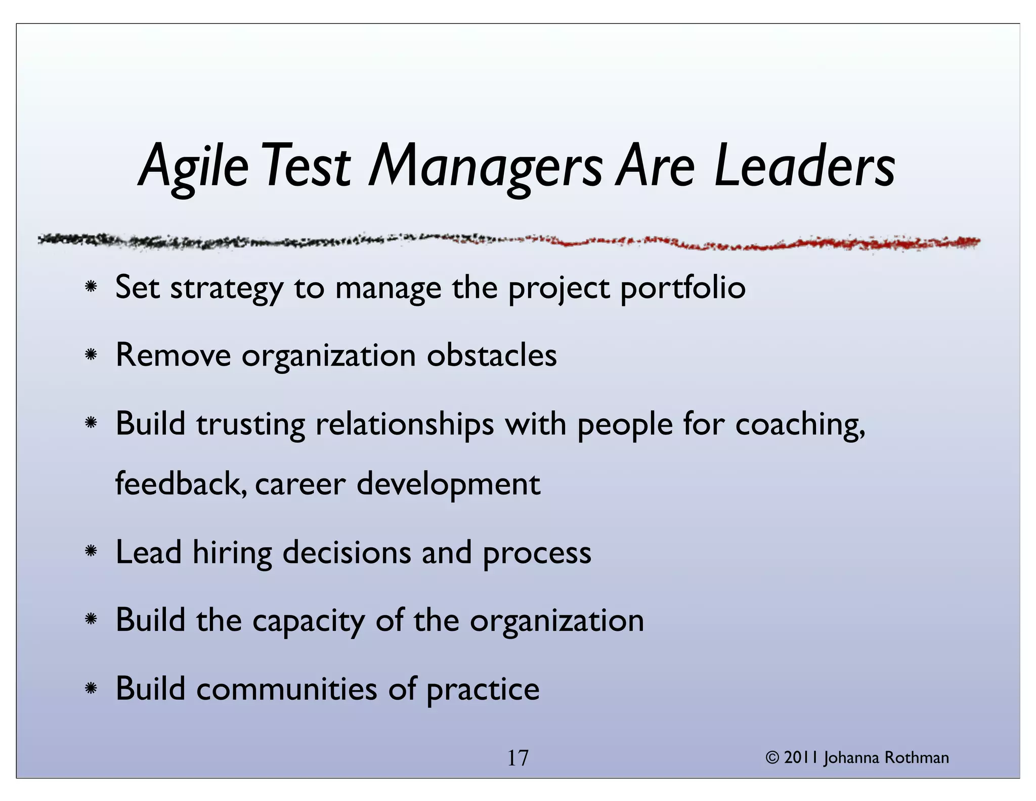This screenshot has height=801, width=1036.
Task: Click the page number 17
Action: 517,758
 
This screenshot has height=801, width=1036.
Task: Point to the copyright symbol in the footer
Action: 772,758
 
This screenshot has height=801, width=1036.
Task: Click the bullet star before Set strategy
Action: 91,287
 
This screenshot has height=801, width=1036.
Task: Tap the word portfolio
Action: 682,288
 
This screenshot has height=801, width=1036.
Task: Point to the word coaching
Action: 800,424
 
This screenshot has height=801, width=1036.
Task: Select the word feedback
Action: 181,483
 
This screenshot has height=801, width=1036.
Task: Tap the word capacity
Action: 308,621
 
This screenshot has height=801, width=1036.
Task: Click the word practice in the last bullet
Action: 483,690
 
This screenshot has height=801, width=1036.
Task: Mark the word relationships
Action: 405,424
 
